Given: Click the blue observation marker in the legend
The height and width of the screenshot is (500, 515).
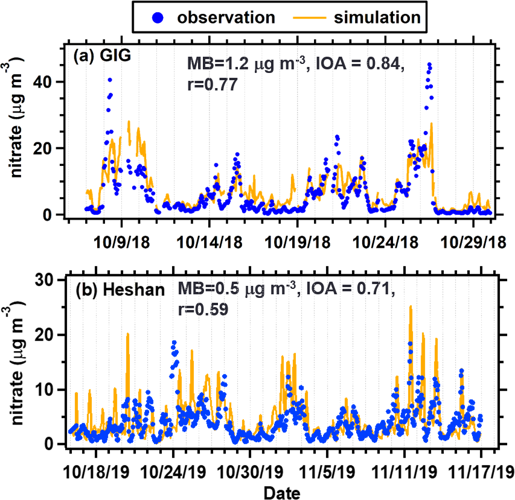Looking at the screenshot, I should [156, 17].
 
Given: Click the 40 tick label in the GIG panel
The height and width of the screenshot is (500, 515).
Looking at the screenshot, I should [52, 81].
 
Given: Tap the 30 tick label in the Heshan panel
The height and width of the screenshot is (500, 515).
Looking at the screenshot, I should [53, 279].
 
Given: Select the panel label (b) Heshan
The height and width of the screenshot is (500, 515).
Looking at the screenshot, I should [120, 289].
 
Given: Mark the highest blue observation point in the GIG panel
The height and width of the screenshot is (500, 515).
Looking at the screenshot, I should [429, 64].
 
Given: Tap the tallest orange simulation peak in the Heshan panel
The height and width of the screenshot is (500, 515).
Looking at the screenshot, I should [411, 306].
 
